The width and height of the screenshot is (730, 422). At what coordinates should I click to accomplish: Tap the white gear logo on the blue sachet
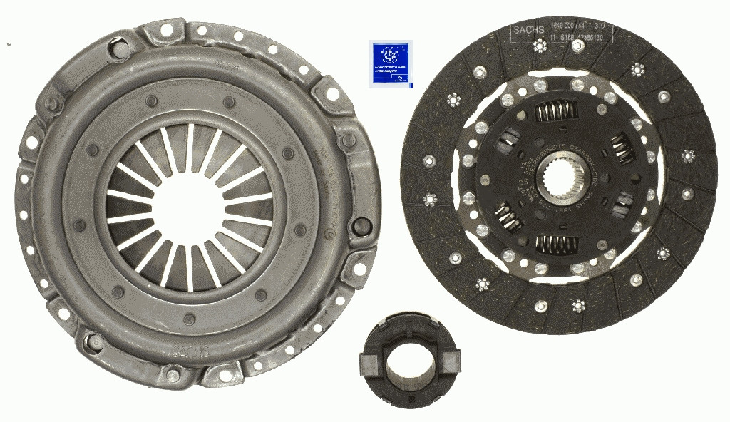coord(389,55)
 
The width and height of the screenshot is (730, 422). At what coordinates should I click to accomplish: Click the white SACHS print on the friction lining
coord(528,30)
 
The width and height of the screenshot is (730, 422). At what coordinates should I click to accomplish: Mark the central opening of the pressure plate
coord(189,207)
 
